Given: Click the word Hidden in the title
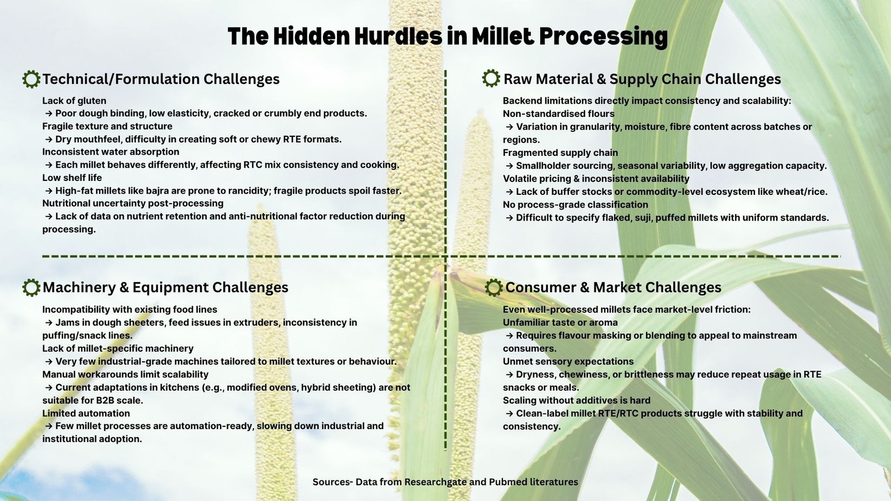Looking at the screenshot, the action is tap(311, 36).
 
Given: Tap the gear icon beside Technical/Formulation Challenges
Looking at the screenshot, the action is tap(31, 79).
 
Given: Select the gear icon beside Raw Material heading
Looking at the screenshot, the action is tap(491, 78).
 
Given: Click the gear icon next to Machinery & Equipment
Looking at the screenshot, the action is tap(31, 287).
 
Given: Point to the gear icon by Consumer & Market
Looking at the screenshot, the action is tap(493, 287).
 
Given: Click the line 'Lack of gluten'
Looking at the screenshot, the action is tap(75, 101).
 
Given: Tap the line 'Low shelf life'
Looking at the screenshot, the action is tap(72, 178).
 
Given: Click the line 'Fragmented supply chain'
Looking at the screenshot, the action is tap(560, 153).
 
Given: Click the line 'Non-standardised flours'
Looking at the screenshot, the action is tap(559, 114).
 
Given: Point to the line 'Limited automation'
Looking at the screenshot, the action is tap(86, 413).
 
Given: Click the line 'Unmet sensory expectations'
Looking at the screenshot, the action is tap(568, 361).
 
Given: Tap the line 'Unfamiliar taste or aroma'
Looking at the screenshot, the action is tap(560, 322).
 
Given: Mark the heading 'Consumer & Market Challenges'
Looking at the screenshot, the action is tap(613, 287).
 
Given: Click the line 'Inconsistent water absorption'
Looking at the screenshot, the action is tap(111, 152).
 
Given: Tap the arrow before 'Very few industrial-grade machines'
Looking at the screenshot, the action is tap(49, 362).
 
